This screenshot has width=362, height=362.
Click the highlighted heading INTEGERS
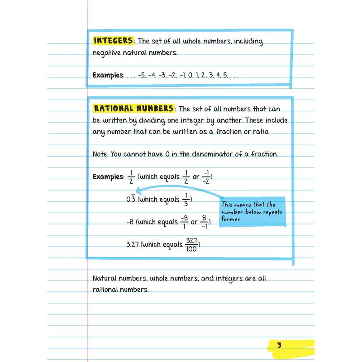(113, 41)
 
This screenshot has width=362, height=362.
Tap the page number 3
(280, 346)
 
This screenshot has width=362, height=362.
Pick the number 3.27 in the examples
(133, 244)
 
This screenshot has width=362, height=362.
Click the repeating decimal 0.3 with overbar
(131, 200)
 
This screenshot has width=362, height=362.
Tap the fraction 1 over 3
(187, 200)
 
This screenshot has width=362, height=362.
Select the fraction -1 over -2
(206, 176)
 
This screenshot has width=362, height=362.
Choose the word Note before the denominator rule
(100, 154)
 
